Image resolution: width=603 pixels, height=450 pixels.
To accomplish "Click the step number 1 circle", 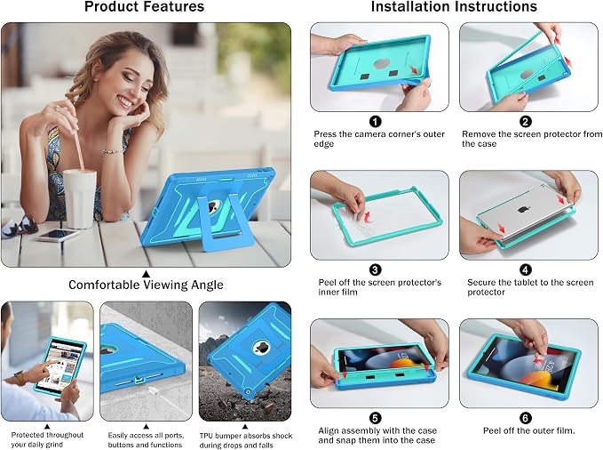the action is pos(376,121).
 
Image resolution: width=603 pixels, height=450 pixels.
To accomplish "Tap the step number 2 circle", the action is pos(526,121).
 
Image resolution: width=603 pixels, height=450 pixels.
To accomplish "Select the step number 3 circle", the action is pos(376,269).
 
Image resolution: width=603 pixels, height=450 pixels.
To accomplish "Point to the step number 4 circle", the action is pos(526,269).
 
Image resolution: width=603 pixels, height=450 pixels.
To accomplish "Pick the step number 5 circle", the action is pos(376,418).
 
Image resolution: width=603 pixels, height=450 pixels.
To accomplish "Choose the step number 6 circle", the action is pos(526,418).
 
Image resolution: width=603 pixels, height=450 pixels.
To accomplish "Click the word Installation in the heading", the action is pos(410,6).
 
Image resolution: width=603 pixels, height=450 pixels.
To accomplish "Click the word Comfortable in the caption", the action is pos(104,285).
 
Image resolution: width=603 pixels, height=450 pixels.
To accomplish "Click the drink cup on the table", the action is pos(80,198).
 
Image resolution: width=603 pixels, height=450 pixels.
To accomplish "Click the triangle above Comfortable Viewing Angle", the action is pos(146,274).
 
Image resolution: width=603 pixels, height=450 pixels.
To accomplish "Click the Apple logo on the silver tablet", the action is pos(522,210).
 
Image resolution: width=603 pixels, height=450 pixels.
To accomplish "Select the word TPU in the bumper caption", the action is pos(207,436).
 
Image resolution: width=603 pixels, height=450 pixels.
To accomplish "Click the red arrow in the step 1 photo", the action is pos(414,70).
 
